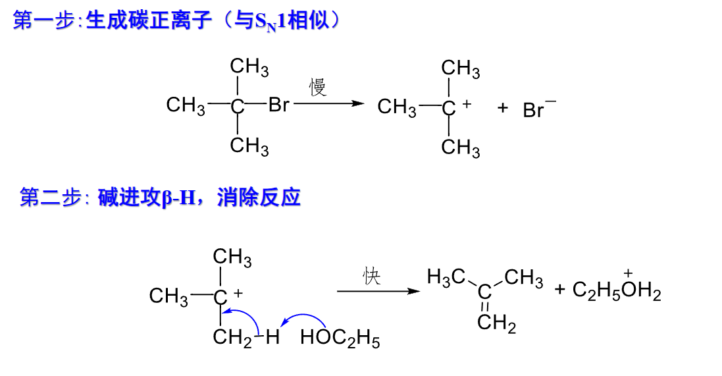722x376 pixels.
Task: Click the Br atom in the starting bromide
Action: pos(278,105)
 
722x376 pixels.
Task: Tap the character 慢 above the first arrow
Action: pos(319,88)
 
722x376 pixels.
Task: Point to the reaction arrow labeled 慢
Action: pos(328,103)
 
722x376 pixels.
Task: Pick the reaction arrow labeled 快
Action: pos(378,291)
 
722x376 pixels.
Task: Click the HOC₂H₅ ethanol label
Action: pos(340,339)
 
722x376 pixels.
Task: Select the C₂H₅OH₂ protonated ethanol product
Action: pos(616,290)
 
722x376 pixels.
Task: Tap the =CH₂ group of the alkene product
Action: pos(496,324)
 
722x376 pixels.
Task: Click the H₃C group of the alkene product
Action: pos(446,277)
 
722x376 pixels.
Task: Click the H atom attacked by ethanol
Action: pos(272,338)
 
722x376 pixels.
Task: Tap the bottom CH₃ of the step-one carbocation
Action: pos(460,148)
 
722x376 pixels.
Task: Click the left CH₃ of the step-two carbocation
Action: pos(168,297)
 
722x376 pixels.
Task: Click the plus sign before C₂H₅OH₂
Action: pos(560,289)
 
